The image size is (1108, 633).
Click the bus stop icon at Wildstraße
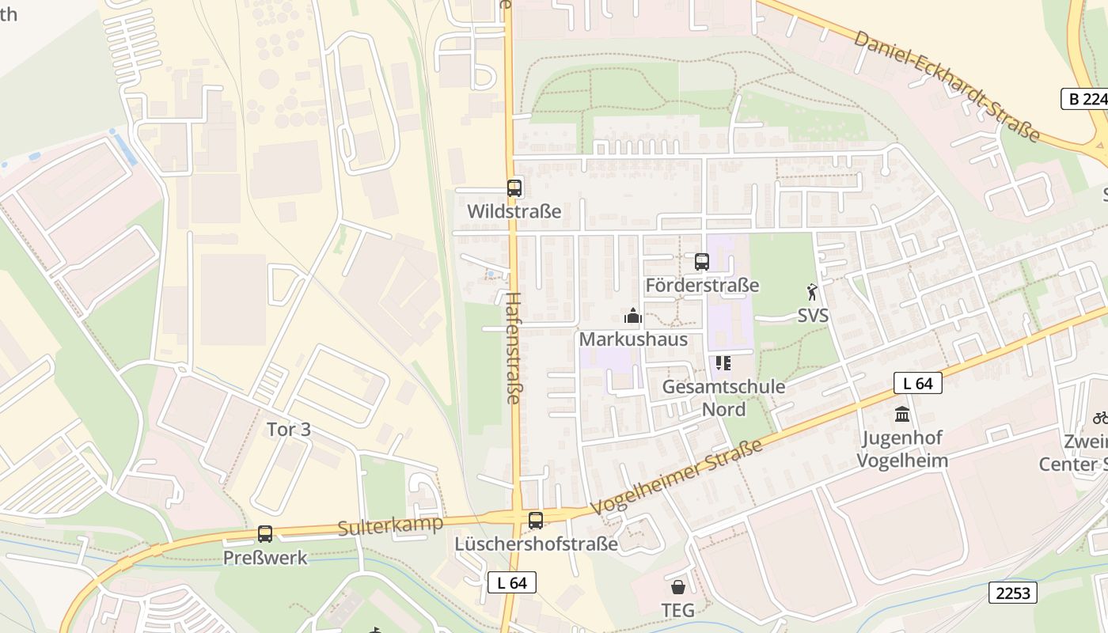(x=514, y=188)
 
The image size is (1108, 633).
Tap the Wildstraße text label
(x=514, y=211)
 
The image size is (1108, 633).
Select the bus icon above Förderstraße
(x=702, y=262)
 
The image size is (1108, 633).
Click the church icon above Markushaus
(x=632, y=316)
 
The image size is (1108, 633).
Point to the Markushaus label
(x=633, y=339)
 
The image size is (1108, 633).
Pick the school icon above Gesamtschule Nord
(x=723, y=363)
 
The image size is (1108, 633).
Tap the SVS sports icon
(x=812, y=293)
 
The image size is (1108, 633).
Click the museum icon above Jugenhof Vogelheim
(x=902, y=414)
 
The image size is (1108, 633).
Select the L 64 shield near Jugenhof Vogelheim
(x=918, y=384)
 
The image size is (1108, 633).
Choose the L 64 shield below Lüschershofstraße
(x=512, y=582)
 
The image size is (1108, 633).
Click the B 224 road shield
(x=1083, y=99)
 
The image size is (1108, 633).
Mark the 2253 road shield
(x=1013, y=592)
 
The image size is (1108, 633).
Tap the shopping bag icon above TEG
(x=678, y=587)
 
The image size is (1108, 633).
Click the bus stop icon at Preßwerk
(x=265, y=534)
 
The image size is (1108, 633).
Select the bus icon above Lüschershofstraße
(x=536, y=520)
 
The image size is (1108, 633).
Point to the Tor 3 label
(x=289, y=430)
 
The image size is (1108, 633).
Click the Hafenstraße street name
(x=513, y=348)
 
